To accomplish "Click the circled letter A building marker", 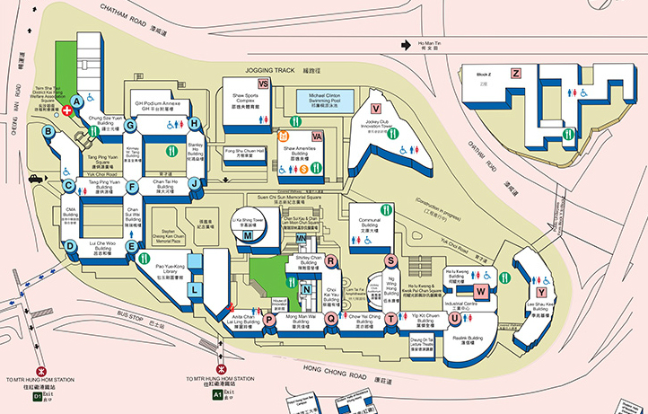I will [78, 101].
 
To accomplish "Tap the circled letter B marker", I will [49, 132].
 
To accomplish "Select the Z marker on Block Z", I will [515, 74].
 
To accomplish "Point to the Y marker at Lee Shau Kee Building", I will [541, 292].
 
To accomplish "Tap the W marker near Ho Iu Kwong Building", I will [481, 291].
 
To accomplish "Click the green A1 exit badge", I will [217, 393].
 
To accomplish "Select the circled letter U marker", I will [455, 317].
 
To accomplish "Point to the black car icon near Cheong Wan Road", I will [33, 179].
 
